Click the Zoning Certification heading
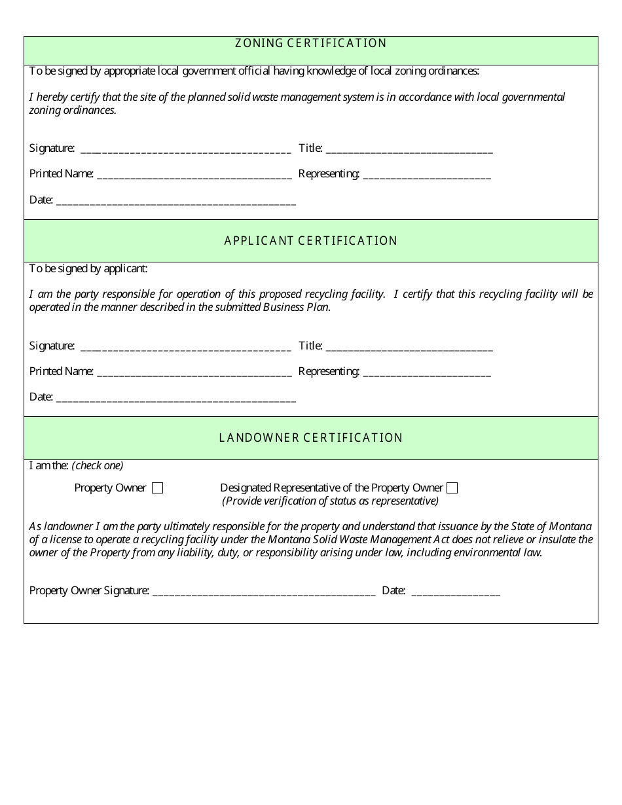point(311,43)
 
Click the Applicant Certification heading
point(311,241)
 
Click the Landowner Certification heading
point(311,438)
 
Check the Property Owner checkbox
point(157,488)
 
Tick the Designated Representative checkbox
point(452,488)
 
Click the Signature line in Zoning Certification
point(185,149)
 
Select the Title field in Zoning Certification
point(409,149)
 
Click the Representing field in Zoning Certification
point(426,175)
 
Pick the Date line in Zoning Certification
point(176,201)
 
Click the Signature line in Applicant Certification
point(185,347)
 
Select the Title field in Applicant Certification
point(409,347)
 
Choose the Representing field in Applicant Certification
point(426,372)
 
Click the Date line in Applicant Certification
point(176,398)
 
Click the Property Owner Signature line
point(263,592)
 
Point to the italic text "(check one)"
point(98,466)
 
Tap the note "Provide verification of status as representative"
point(331,501)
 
